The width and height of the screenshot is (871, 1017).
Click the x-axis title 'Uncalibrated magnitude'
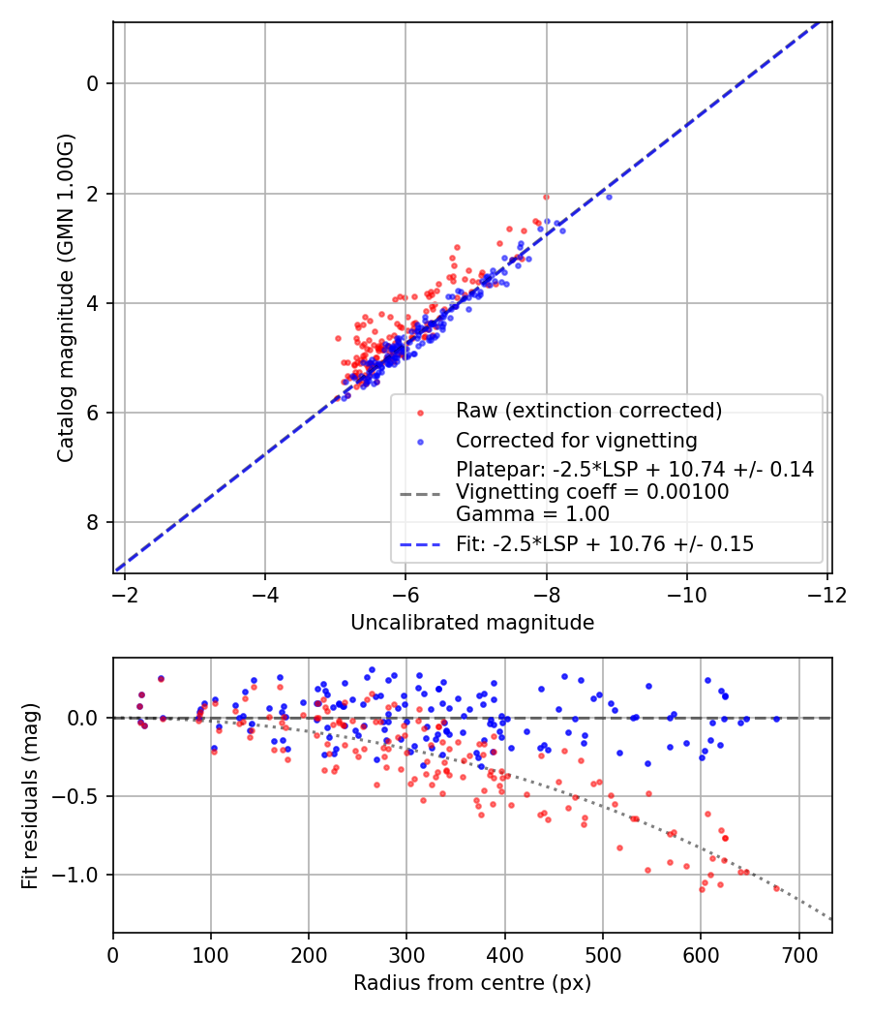pyautogui.click(x=472, y=623)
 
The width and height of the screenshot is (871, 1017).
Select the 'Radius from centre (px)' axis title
pyautogui.click(x=472, y=983)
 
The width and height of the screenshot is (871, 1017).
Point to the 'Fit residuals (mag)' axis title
pyautogui.click(x=30, y=795)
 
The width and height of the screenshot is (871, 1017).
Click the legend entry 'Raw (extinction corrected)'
pyautogui.click(x=589, y=411)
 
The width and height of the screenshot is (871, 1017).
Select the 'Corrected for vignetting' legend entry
pyautogui.click(x=577, y=441)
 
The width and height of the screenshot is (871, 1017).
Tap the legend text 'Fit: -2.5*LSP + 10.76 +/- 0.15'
pyautogui.click(x=605, y=544)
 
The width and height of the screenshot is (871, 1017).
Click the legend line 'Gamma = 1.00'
pyautogui.click(x=532, y=514)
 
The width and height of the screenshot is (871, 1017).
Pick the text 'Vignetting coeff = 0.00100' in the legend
pyautogui.click(x=592, y=492)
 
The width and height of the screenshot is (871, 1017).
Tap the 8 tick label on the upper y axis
pyautogui.click(x=93, y=523)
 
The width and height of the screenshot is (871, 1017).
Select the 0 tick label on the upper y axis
pyautogui.click(x=93, y=84)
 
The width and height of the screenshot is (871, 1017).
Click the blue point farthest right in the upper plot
pyautogui.click(x=609, y=197)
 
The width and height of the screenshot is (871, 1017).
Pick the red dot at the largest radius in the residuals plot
pyautogui.click(x=776, y=887)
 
